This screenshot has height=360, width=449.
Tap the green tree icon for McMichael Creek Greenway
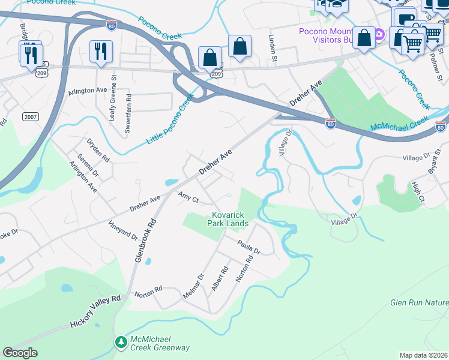121,342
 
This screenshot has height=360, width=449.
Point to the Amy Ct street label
188,197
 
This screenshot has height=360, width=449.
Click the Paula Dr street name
248,246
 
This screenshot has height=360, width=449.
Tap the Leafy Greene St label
112,97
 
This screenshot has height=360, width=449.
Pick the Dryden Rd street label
98,151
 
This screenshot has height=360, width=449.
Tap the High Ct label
418,192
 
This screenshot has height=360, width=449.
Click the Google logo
20,353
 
